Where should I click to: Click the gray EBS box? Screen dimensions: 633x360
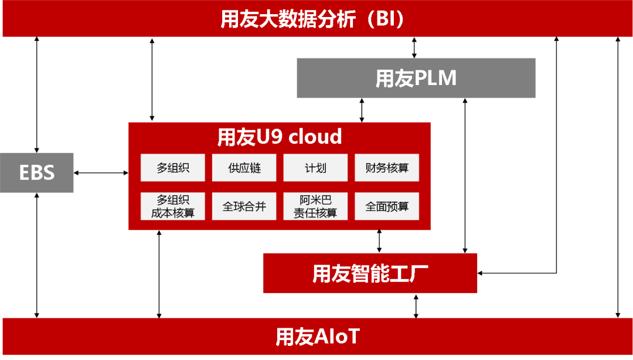point(37,172)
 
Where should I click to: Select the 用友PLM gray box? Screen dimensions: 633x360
point(416,78)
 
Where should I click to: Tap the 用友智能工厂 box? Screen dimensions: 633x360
point(370,273)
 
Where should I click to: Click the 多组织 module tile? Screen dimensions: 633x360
point(173,168)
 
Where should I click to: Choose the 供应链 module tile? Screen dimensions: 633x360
point(244,168)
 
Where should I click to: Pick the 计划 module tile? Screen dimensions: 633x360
point(316,168)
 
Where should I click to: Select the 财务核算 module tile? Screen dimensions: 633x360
point(387,168)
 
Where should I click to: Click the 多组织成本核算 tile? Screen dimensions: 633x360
point(173,206)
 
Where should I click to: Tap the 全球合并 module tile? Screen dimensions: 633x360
point(244,206)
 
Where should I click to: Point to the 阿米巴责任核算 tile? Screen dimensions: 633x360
point(316,206)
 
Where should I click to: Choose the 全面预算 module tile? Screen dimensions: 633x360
point(387,206)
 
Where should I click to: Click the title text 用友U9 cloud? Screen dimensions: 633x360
point(280,137)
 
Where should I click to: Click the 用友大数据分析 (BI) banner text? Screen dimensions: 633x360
point(312,19)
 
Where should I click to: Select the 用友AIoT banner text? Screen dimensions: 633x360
point(317,337)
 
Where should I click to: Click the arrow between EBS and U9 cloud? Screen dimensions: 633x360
point(101,173)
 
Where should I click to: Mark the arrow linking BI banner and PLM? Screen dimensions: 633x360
point(414,47)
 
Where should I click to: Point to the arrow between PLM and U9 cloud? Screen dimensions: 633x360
point(362,110)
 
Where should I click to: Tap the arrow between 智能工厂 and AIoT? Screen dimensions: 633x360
point(416,306)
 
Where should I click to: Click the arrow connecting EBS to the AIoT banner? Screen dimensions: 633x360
point(37,256)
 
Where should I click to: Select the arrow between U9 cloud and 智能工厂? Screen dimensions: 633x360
point(379,241)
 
